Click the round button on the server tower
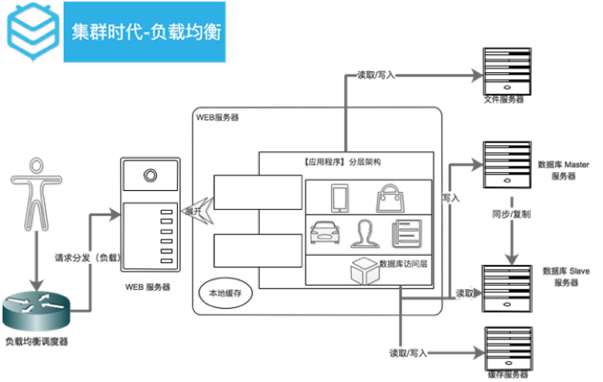(150, 177)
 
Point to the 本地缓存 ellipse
(226, 294)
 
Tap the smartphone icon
(339, 197)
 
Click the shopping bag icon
(390, 197)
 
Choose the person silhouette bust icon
(366, 234)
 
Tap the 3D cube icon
(363, 268)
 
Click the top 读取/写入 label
(376, 76)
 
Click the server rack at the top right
(507, 72)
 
